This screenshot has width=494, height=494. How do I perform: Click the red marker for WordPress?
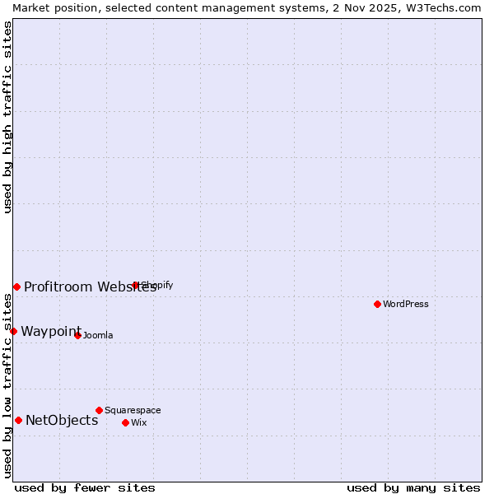point(377,304)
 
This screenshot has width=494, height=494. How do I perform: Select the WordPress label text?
point(405,305)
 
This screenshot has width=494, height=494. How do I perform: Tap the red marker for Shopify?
point(135,286)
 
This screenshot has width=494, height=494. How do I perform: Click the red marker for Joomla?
point(77,335)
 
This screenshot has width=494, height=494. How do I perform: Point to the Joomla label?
point(98,336)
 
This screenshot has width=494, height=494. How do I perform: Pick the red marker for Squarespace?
point(99,410)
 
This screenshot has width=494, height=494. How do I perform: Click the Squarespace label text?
point(133,411)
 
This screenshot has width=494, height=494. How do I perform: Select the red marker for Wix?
point(125,422)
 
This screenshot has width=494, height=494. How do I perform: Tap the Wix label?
point(138,423)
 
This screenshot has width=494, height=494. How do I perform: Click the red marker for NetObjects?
point(18,420)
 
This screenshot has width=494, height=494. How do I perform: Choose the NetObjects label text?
point(62,421)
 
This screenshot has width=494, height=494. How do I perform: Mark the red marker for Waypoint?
point(13,331)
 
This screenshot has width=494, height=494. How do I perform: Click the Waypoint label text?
point(51,332)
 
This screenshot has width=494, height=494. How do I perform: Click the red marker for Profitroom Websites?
point(16,287)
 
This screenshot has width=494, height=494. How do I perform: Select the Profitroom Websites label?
point(90,287)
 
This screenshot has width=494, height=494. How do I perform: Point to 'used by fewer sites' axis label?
point(85,487)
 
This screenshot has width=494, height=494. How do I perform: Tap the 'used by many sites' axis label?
point(413,487)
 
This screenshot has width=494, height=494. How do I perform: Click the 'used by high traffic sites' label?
point(7,117)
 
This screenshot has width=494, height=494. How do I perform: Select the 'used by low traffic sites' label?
point(7,385)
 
